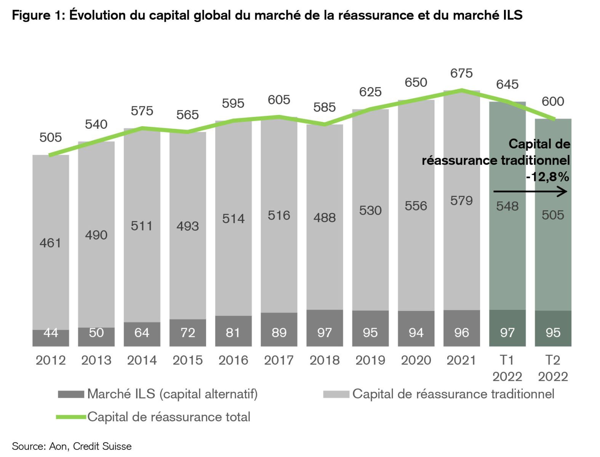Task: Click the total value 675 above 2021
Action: tap(461, 73)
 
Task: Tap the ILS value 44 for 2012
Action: tap(51, 333)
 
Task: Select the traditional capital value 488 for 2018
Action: tap(325, 218)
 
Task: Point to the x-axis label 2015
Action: tap(187, 360)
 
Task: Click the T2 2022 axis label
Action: tap(553, 368)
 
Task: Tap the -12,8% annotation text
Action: tap(547, 177)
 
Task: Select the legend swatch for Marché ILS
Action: tap(71, 394)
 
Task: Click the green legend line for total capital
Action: tap(71, 417)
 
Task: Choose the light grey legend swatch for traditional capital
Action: tap(336, 394)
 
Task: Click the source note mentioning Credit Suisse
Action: tap(72, 446)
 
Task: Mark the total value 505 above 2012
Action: tap(51, 137)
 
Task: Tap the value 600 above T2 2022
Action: tap(553, 102)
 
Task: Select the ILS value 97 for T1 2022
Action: tap(507, 333)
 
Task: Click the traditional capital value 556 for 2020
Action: tap(416, 206)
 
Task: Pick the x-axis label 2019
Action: tap(370, 360)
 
